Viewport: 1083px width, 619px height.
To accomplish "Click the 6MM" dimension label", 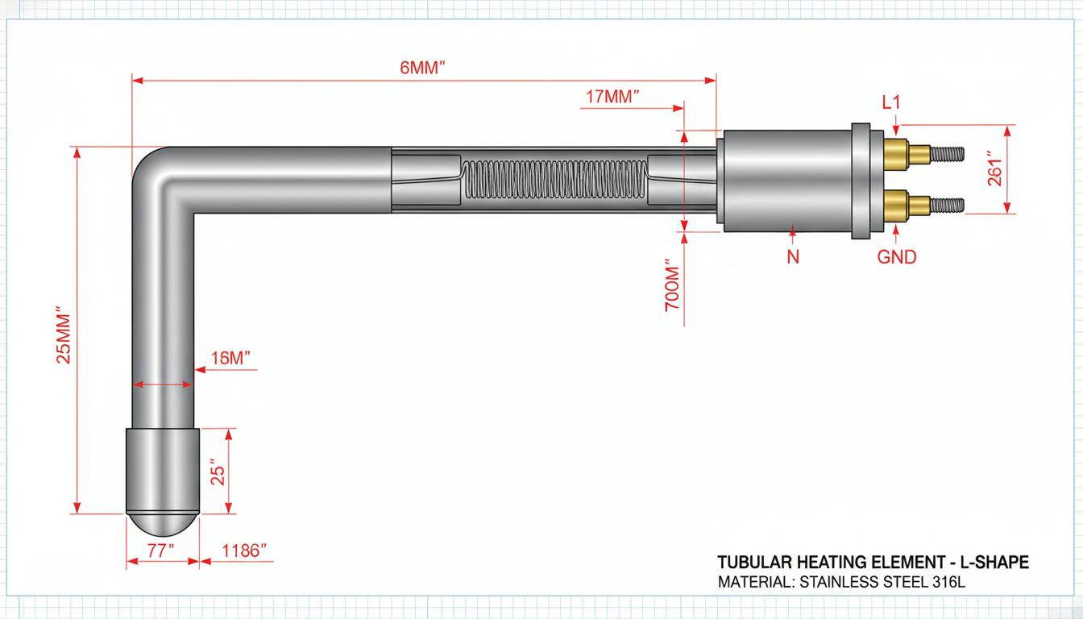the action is coord(422,68).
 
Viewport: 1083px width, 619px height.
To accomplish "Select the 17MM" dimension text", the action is coord(612,97).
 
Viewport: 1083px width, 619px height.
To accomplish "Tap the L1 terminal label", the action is coord(891,102).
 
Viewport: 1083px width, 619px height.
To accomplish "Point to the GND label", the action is coord(897,257).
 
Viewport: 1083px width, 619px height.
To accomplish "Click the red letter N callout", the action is coord(793,257).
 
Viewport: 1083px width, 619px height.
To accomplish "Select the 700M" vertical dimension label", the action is coord(673,286).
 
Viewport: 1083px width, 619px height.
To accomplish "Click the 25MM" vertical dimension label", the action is coord(64,334).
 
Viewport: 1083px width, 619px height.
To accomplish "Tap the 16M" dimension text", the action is coord(230,359).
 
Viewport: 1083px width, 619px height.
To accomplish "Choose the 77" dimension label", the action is coord(160,550).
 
